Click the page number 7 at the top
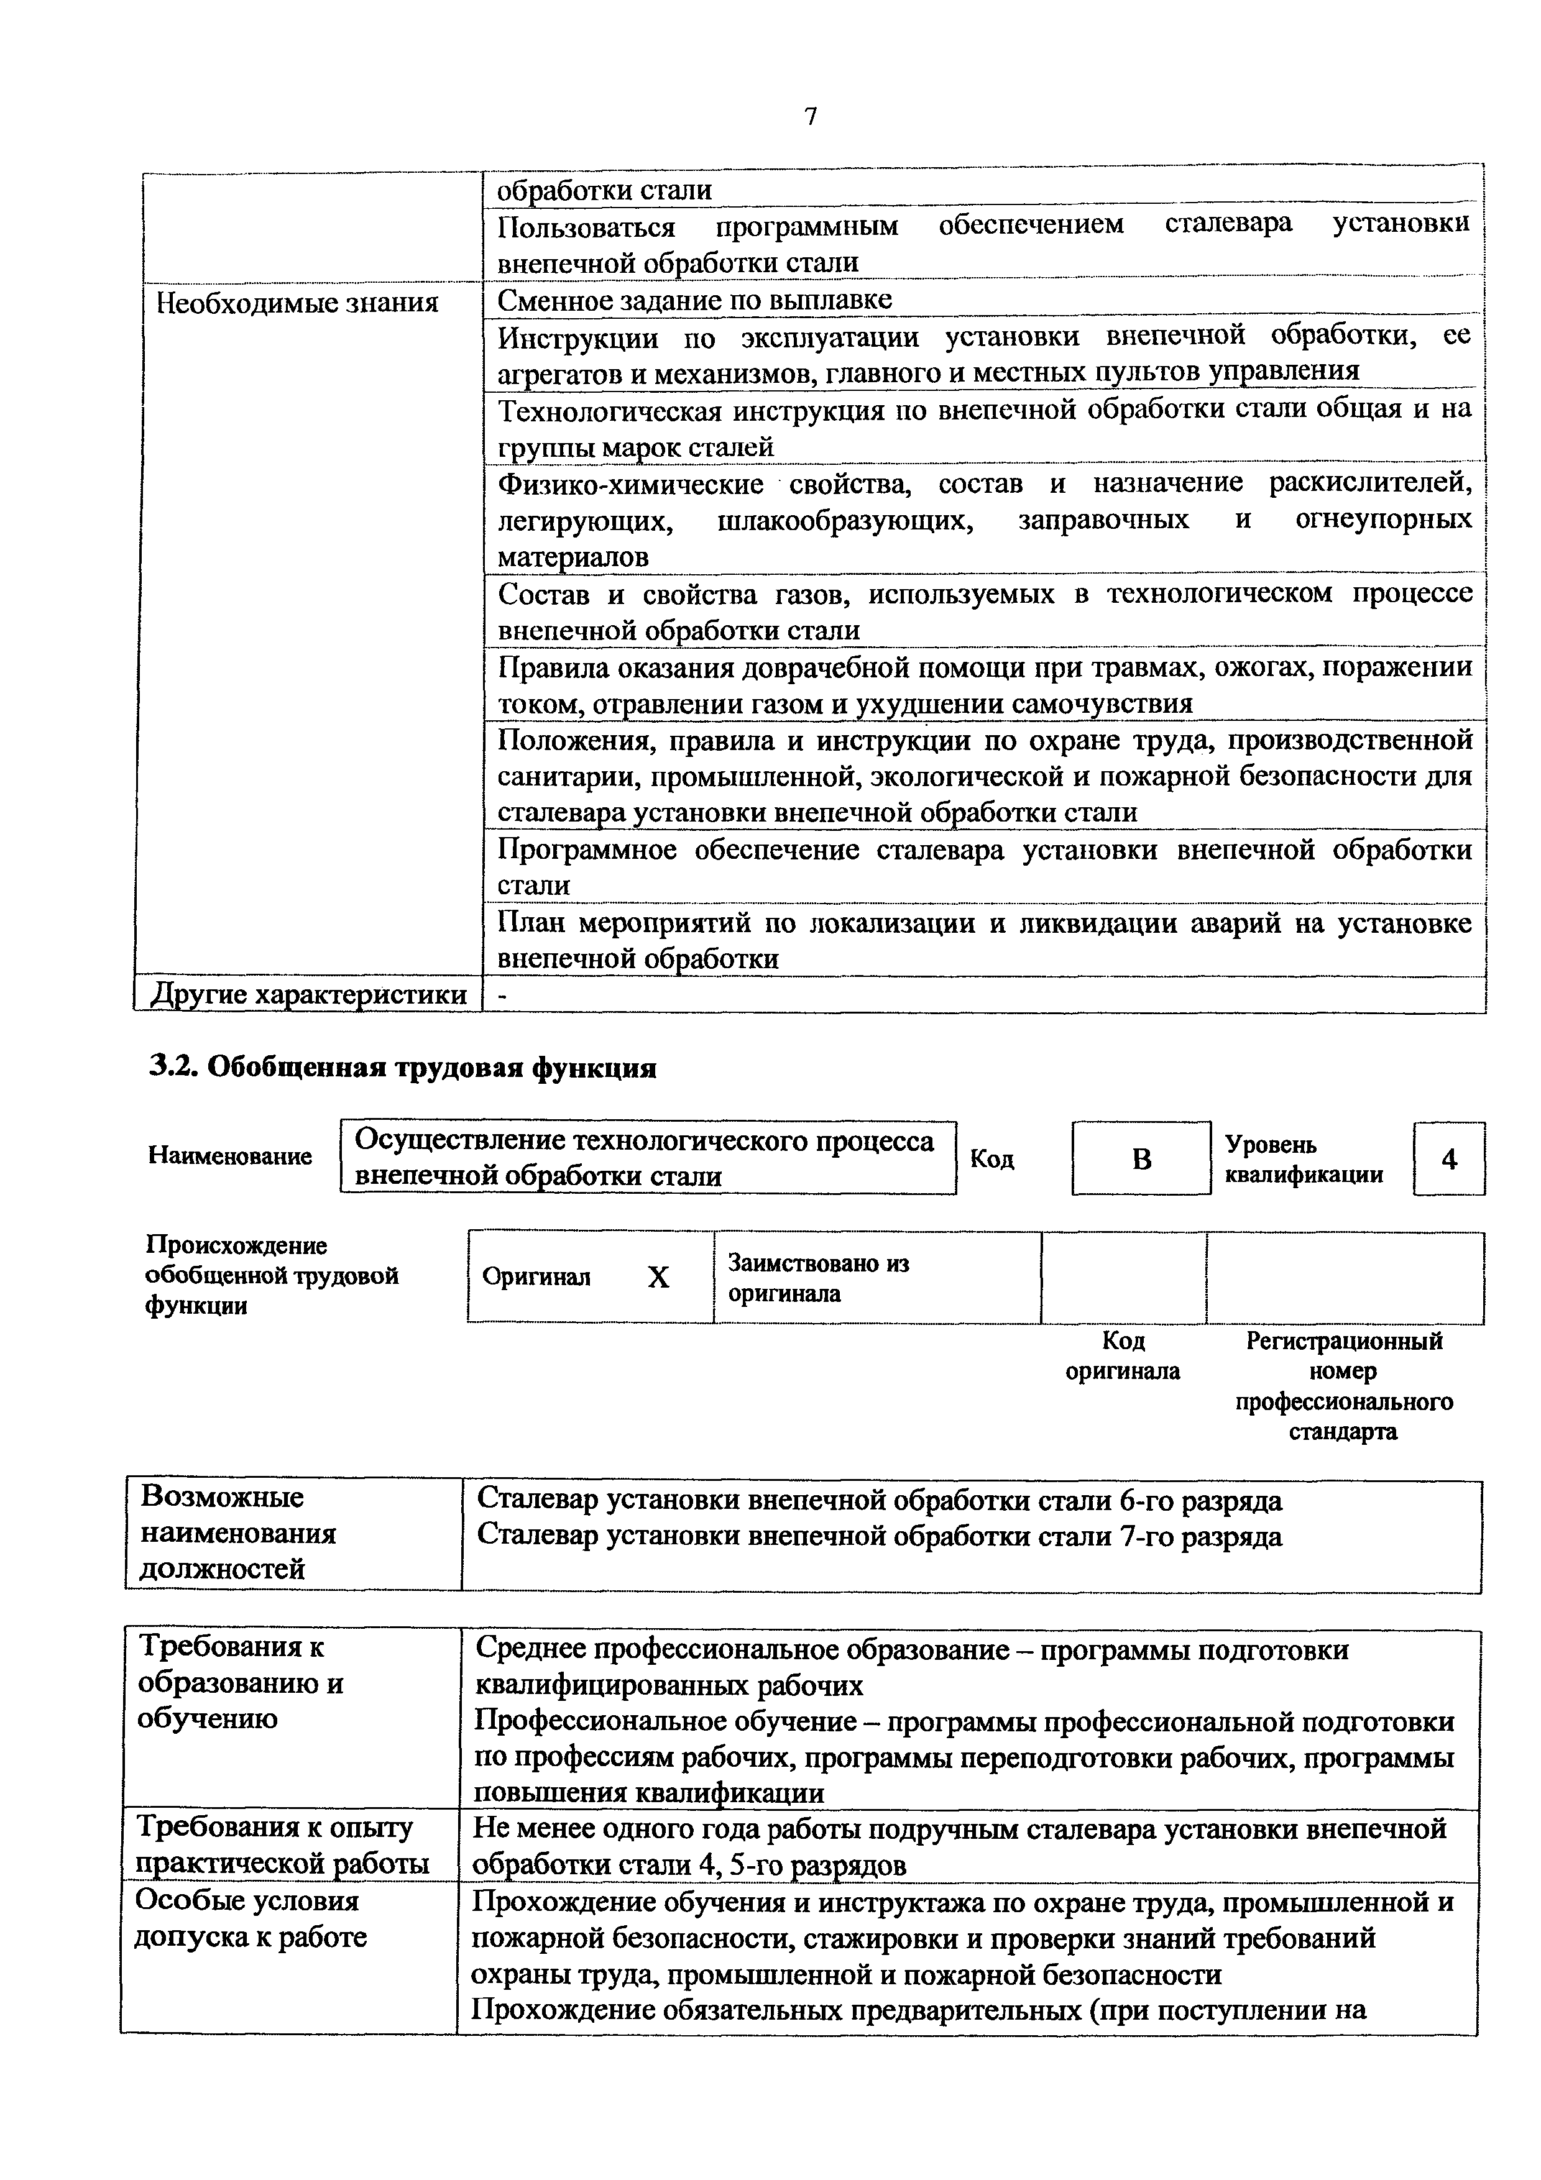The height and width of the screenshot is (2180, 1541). pyautogui.click(x=810, y=117)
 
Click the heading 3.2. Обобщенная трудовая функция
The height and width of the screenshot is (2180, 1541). pyautogui.click(x=403, y=1068)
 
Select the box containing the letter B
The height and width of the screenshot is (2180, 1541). pyautogui.click(x=1141, y=1158)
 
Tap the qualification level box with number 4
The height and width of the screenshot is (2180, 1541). pyautogui.click(x=1449, y=1158)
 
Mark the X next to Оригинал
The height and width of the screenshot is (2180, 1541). pyautogui.click(x=658, y=1278)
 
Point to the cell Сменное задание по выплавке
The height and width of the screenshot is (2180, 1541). pyautogui.click(x=695, y=300)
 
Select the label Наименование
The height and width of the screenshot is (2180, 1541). pyautogui.click(x=230, y=1156)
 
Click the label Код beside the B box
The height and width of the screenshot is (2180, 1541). pyautogui.click(x=992, y=1160)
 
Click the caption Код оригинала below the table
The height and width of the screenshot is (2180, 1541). pyautogui.click(x=1123, y=1356)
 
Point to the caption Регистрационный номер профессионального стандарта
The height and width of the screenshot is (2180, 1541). pyautogui.click(x=1343, y=1385)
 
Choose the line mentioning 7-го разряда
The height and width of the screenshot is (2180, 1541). pyautogui.click(x=878, y=1536)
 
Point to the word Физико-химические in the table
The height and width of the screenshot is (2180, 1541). pyautogui.click(x=630, y=484)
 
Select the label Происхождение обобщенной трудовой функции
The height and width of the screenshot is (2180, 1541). pyautogui.click(x=272, y=1275)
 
